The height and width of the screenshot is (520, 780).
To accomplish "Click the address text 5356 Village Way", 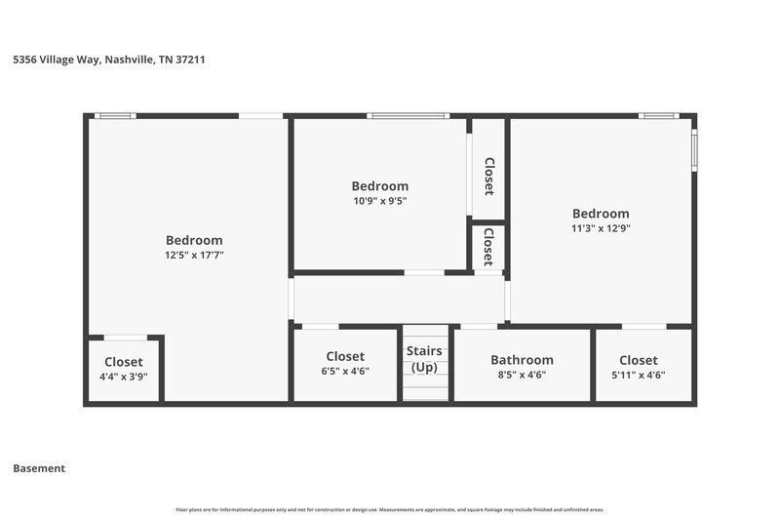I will [108, 60].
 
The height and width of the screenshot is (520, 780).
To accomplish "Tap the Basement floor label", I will [39, 468].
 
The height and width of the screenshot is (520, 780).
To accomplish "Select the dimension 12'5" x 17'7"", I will [194, 255].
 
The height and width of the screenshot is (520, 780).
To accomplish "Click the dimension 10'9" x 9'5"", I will [379, 201].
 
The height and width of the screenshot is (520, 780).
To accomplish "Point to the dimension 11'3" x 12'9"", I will [601, 228].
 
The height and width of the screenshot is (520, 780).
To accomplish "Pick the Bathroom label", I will [522, 359].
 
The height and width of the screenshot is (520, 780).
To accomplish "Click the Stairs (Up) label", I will [424, 359].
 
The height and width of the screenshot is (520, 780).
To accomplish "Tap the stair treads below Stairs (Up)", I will [425, 387].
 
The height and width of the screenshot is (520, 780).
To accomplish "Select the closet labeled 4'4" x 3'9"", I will [124, 369].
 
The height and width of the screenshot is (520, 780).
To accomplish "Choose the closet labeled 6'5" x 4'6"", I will [345, 365].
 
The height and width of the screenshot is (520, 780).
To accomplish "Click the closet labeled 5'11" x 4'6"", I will [638, 367].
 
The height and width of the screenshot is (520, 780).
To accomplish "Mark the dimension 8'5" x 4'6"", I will [522, 375].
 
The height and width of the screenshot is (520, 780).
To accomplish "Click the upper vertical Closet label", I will [488, 177].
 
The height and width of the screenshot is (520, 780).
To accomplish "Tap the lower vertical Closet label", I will [487, 248].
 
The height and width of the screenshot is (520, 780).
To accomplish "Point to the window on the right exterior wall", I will [694, 149].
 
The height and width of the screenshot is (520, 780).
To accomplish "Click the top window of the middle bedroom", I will [408, 116].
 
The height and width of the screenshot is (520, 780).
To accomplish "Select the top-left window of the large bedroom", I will [115, 116].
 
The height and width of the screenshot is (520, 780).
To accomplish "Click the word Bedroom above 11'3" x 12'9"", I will [601, 214].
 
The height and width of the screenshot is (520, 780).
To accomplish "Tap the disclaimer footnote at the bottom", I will [390, 509].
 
